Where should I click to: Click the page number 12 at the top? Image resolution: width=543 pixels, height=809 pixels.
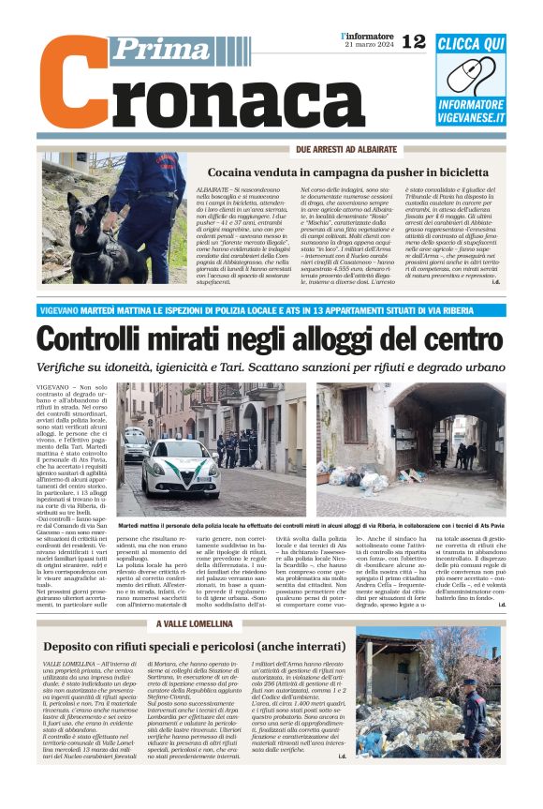pyautogui.click(x=414, y=42)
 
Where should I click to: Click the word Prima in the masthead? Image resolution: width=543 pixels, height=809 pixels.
pyautogui.click(x=152, y=49)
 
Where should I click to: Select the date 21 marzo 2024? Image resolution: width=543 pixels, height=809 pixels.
pyautogui.click(x=369, y=45)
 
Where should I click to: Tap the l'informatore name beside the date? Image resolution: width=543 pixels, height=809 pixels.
pyautogui.click(x=368, y=35)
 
